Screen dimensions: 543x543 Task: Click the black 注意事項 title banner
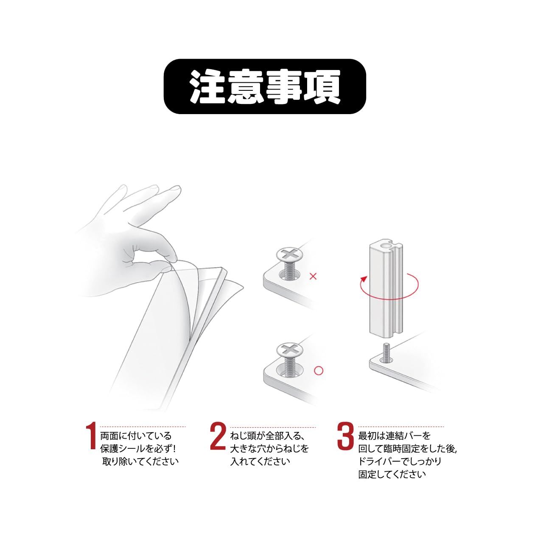click(x=265, y=87)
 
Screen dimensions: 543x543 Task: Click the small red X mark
click(x=313, y=277)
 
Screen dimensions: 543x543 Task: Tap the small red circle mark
click(x=319, y=370)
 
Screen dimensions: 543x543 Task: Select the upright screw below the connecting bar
click(x=386, y=352)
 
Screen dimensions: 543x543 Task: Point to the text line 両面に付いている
click(x=136, y=436)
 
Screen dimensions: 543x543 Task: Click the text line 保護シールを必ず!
click(x=138, y=449)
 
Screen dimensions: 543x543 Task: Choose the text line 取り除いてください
click(x=140, y=462)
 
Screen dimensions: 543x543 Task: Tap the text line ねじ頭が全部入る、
click(x=266, y=436)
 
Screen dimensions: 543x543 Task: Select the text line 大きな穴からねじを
click(x=269, y=449)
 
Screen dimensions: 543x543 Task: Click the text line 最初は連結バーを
click(x=395, y=436)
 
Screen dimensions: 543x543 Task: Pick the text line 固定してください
click(x=392, y=475)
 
